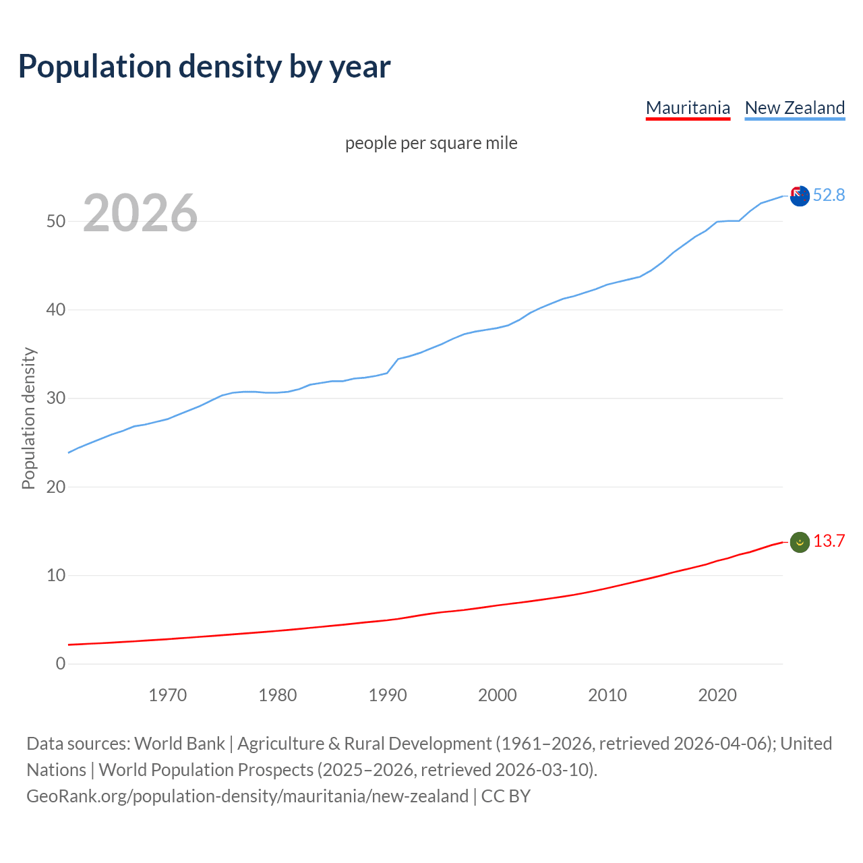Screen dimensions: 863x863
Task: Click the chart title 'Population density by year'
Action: click(204, 66)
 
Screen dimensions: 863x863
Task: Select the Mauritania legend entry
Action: click(688, 108)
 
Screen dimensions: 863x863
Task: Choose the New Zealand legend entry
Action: click(794, 108)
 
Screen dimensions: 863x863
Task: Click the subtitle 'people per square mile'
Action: click(431, 143)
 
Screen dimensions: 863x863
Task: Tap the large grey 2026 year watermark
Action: click(140, 213)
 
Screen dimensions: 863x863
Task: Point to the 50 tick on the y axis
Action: click(56, 221)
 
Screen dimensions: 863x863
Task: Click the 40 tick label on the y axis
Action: click(56, 310)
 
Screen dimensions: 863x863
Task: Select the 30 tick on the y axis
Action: click(56, 398)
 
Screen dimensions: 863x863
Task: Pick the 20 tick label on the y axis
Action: click(56, 487)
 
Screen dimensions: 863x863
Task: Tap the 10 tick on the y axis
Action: click(56, 575)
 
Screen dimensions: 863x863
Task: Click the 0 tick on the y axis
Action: click(61, 663)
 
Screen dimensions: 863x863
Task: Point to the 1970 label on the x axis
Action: click(167, 695)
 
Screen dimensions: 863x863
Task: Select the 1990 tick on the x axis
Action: click(387, 695)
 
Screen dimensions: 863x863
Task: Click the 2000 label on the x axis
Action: click(497, 695)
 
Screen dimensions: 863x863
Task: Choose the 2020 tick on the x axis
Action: click(717, 695)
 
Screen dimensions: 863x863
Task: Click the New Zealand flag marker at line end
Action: click(800, 196)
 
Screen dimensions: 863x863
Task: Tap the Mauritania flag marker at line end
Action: click(800, 542)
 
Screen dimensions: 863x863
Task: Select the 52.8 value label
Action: click(829, 195)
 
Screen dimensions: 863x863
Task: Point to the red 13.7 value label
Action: click(829, 541)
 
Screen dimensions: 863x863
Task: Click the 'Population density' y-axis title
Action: click(28, 418)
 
